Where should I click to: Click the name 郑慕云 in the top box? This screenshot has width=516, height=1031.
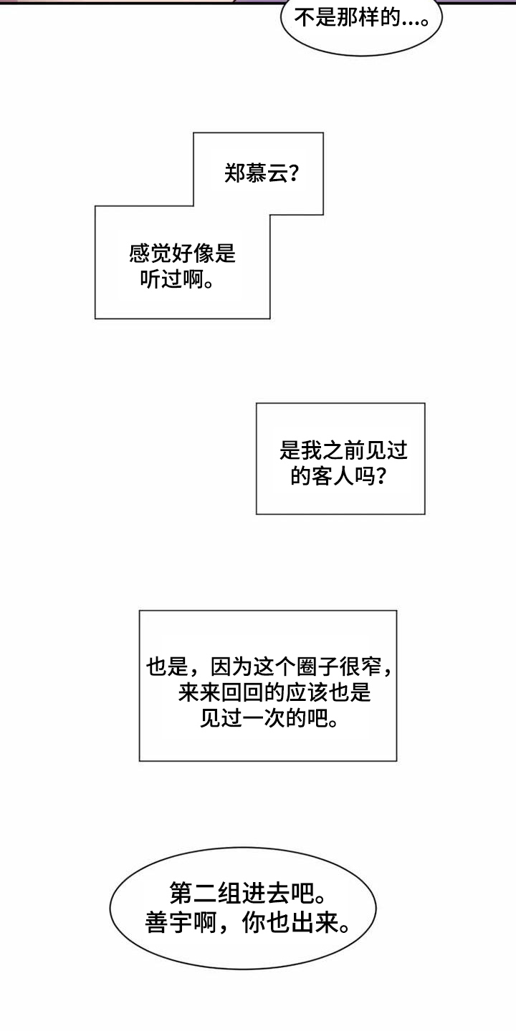coord(254,173)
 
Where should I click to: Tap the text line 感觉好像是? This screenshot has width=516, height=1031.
coord(182,253)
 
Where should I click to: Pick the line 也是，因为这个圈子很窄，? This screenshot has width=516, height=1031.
coord(269,667)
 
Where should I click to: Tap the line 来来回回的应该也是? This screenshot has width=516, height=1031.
coord(274,693)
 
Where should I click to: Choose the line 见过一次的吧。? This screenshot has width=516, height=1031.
coord(268,719)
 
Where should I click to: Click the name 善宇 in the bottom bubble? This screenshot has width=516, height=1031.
coord(166,924)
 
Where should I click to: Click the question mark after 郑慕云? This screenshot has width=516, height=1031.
coord(292,173)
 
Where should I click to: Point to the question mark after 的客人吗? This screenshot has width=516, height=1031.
coord(383,476)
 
